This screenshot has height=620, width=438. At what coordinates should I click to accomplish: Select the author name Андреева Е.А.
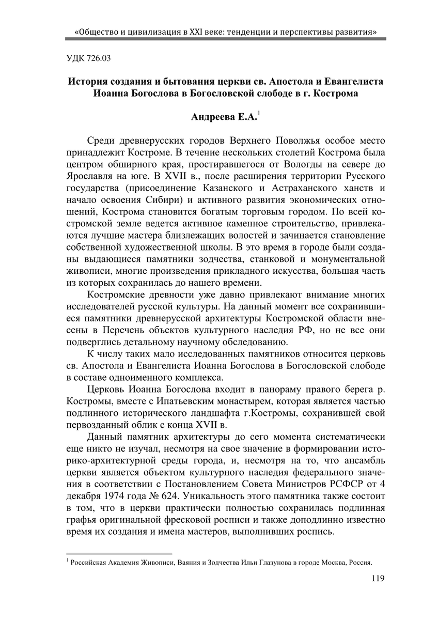point(224,118)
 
